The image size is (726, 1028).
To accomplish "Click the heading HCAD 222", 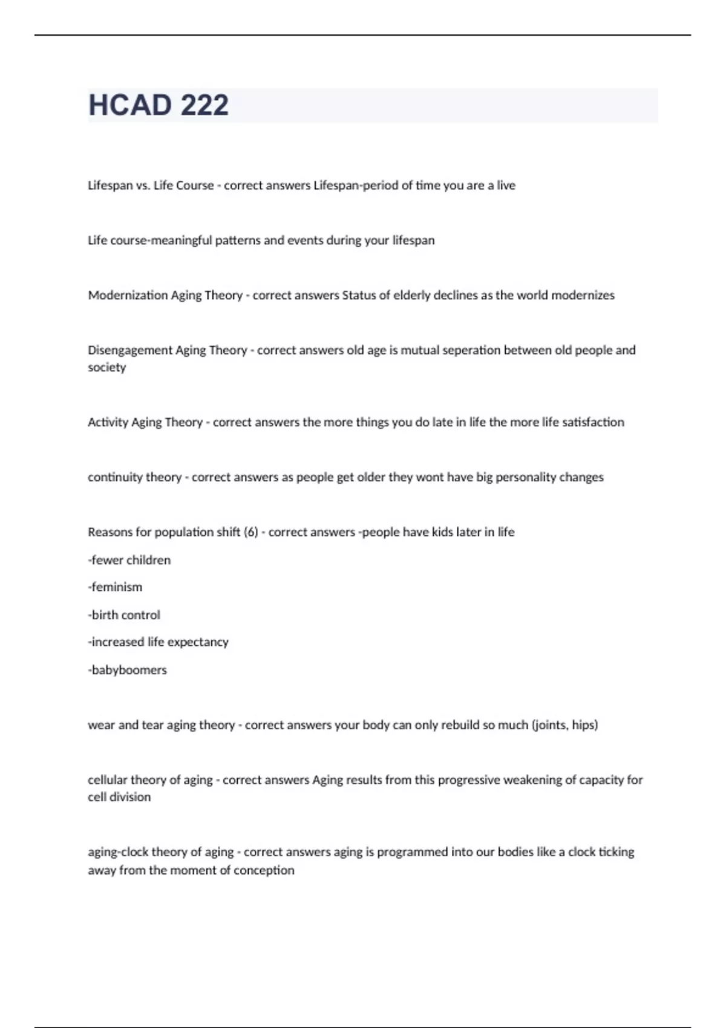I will (159, 105).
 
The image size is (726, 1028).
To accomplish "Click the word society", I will (106, 367).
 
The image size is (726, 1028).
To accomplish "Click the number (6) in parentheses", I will (250, 532).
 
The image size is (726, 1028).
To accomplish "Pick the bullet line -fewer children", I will (129, 560).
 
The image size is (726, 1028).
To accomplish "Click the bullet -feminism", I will (115, 587).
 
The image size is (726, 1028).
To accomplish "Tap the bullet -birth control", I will (124, 615).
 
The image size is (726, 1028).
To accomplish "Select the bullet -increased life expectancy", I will (159, 642).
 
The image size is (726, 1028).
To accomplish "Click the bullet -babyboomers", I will (127, 670).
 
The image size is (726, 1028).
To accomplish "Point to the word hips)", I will (584, 724).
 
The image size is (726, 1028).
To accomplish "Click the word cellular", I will (107, 780).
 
